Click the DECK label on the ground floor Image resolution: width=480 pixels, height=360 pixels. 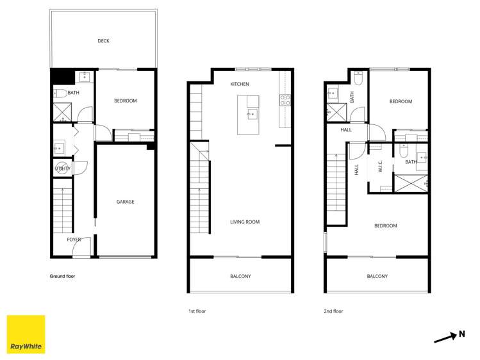point(103,41)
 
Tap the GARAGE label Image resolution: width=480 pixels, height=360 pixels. point(125,202)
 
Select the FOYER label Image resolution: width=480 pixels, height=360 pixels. point(74,240)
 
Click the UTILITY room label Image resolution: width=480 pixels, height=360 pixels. point(62,168)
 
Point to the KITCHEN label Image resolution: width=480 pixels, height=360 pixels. point(240,85)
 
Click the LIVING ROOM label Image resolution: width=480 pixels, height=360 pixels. point(245,222)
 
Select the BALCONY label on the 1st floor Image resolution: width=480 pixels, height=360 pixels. point(240,276)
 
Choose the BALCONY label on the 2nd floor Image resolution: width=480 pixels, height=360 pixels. point(377,276)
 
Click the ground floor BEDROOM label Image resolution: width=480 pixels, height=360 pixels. point(126,101)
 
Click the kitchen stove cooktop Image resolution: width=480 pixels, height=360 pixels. point(285,100)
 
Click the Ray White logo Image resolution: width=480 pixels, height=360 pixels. point(26,334)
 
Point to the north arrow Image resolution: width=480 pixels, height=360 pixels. point(445,338)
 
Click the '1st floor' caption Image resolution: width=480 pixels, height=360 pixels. point(197,311)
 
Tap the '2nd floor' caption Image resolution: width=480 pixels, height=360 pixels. point(333,311)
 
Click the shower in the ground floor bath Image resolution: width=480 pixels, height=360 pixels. point(62,113)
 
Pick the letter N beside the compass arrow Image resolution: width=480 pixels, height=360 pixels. point(461,333)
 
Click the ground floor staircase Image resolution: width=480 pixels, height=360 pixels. point(63,211)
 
